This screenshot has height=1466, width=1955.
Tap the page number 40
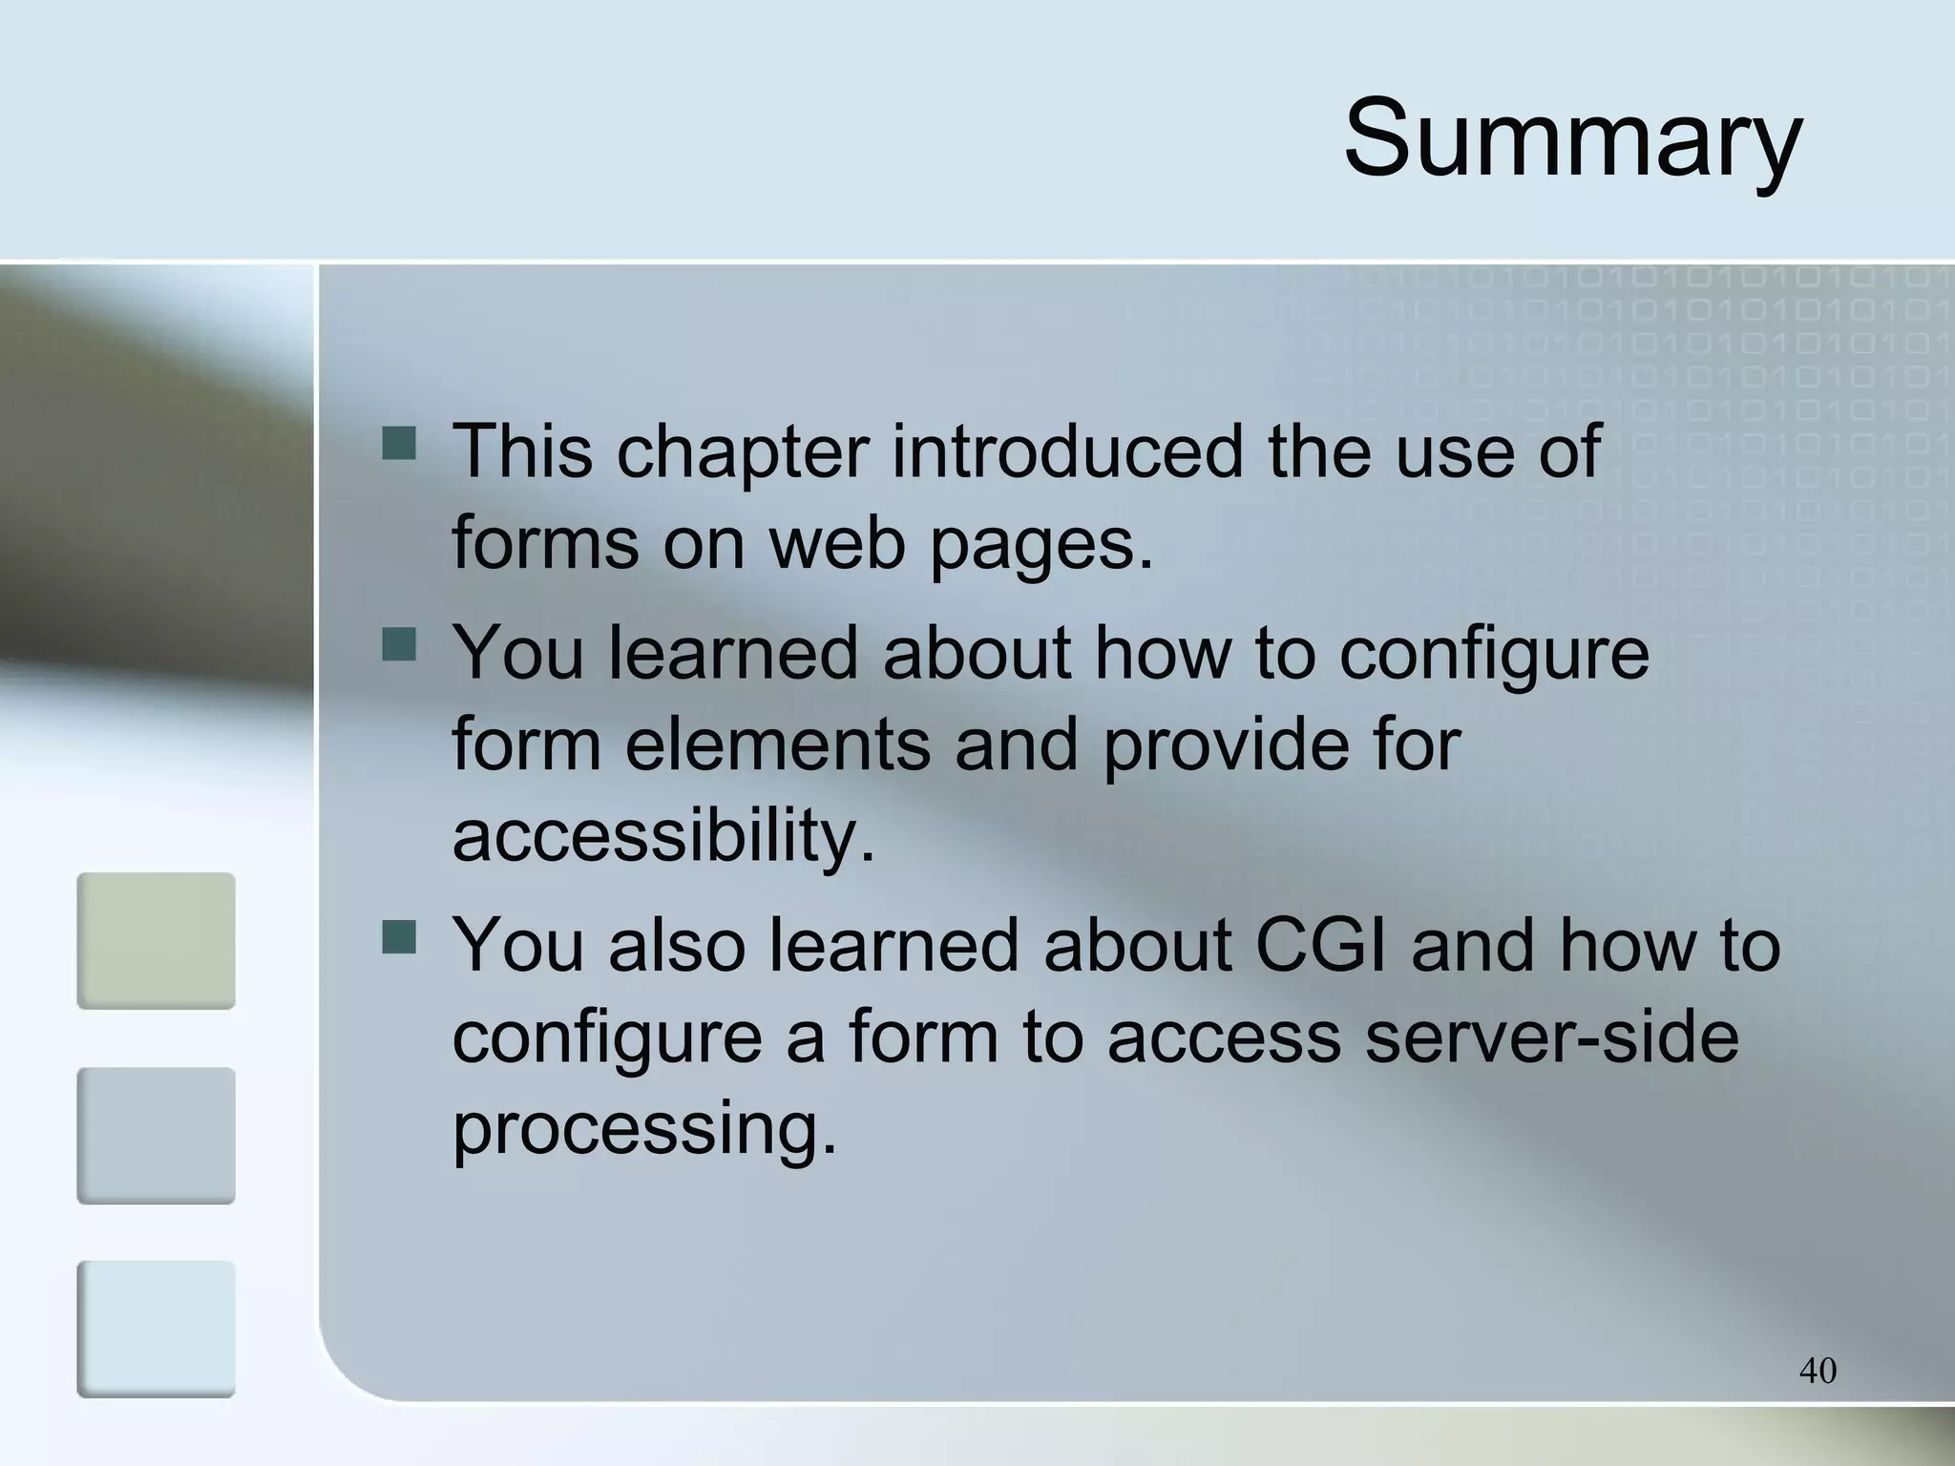pos(1818,1371)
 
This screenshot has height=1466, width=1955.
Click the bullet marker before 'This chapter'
pos(399,443)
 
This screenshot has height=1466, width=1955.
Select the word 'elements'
pos(777,744)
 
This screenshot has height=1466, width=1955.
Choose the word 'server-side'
pos(1551,1037)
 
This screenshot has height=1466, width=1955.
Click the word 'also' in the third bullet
pos(677,945)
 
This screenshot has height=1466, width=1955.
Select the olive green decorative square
pos(156,941)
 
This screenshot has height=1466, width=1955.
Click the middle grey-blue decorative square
pos(156,1136)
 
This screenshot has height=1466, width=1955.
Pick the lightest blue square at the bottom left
pos(156,1330)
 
